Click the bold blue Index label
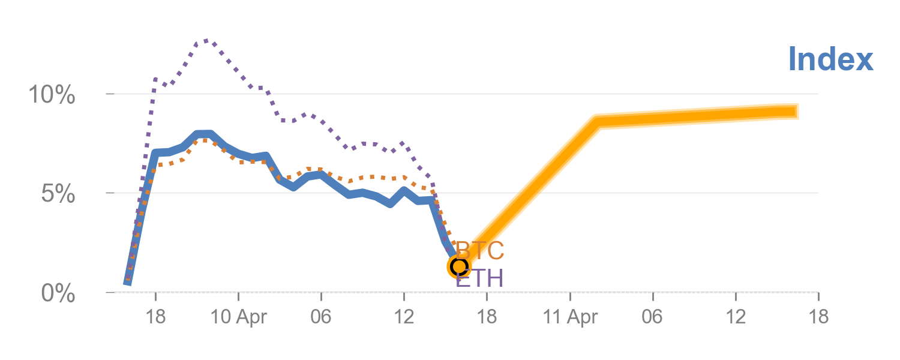830,59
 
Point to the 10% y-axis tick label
52,95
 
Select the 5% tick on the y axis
58,194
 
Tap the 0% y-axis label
58,294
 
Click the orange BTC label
480,251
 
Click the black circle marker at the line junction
459,266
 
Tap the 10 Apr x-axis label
239,317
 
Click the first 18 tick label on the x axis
155,317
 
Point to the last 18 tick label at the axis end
818,317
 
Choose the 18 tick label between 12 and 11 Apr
487,317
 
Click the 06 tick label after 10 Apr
321,317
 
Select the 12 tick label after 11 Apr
736,317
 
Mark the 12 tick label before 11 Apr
404,317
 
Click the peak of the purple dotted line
205,40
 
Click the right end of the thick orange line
797,111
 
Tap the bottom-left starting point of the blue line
127,282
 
